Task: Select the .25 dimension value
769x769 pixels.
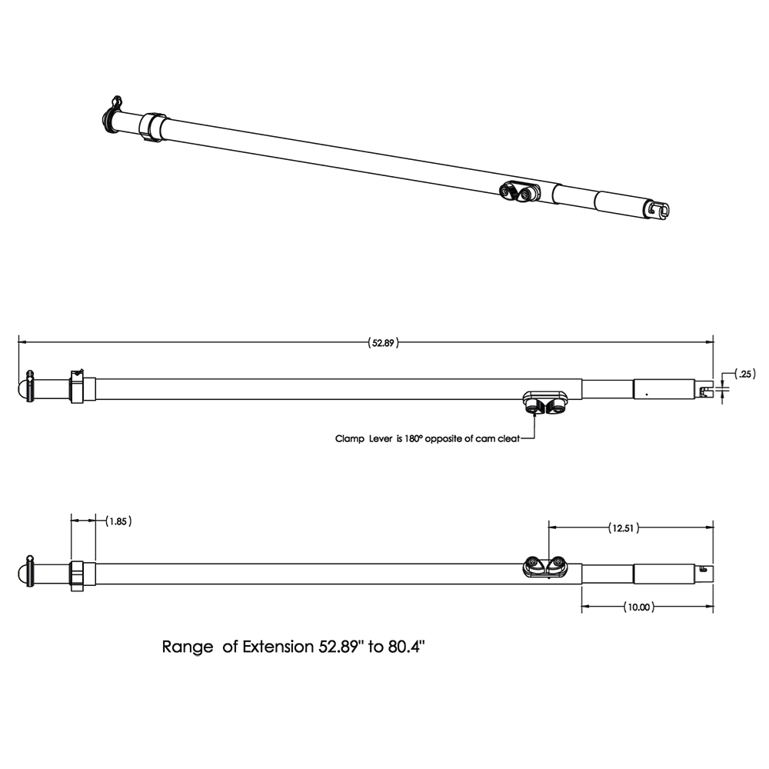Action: [x=744, y=375]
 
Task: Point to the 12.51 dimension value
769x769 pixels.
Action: [x=624, y=528]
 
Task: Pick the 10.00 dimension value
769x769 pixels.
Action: [x=638, y=607]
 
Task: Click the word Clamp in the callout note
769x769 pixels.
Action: [x=350, y=439]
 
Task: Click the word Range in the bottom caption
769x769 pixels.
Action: [x=188, y=647]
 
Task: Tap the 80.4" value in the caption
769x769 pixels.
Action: [x=407, y=647]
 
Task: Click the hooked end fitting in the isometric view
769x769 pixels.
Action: [x=657, y=208]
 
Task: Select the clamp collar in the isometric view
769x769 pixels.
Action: [x=153, y=126]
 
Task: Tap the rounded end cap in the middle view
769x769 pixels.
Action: [x=23, y=387]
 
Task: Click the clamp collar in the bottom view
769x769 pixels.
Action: [x=77, y=575]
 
